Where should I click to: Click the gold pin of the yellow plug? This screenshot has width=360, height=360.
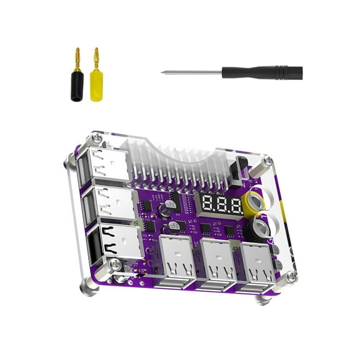[95, 58]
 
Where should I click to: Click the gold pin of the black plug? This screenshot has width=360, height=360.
[77, 57]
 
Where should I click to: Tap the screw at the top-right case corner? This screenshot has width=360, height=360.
[267, 161]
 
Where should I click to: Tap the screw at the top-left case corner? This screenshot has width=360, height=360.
[96, 138]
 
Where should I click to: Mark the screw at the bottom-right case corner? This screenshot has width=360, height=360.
[289, 277]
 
